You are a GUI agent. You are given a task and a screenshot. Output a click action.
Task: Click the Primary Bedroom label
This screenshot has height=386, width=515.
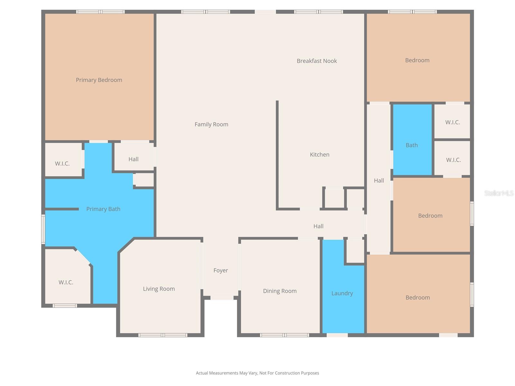(99, 80)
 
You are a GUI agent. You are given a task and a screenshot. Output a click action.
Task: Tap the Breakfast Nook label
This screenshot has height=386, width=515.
(317, 61)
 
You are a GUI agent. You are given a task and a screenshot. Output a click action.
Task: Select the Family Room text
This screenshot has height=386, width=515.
(211, 124)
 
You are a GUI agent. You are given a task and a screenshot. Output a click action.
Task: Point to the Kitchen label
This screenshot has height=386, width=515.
(319, 155)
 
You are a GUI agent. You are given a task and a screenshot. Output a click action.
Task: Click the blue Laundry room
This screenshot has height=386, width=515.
(342, 293)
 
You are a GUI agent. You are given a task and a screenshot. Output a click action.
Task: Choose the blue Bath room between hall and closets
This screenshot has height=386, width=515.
(412, 145)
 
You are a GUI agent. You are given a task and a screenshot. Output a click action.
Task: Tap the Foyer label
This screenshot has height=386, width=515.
(220, 271)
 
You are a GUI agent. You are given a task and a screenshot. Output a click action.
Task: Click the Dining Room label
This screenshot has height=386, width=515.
(280, 291)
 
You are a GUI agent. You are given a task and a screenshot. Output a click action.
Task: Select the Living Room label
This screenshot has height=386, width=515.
(159, 289)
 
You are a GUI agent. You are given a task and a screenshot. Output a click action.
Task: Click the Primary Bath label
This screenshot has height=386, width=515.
(103, 209)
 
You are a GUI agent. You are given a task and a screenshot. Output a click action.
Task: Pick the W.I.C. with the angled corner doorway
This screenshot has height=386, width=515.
(66, 282)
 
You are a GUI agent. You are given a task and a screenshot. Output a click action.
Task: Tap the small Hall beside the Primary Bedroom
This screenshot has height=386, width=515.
(133, 159)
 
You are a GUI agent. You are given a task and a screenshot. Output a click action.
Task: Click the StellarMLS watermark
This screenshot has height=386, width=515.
(499, 193)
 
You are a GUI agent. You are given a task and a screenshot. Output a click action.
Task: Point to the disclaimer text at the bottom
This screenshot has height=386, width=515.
(257, 373)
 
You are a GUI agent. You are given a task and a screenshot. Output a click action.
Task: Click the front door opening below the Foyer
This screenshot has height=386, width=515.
(222, 298)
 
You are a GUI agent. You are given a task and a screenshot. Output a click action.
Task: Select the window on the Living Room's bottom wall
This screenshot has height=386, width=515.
(163, 335)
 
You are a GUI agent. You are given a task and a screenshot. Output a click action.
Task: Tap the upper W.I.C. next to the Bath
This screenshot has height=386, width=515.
(452, 122)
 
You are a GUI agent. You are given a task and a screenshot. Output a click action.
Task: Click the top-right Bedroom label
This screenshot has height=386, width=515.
(417, 60)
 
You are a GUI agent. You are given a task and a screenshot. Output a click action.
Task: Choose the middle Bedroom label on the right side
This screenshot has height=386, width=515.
(430, 216)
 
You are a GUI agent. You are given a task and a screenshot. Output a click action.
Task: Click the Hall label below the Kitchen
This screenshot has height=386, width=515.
(318, 226)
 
